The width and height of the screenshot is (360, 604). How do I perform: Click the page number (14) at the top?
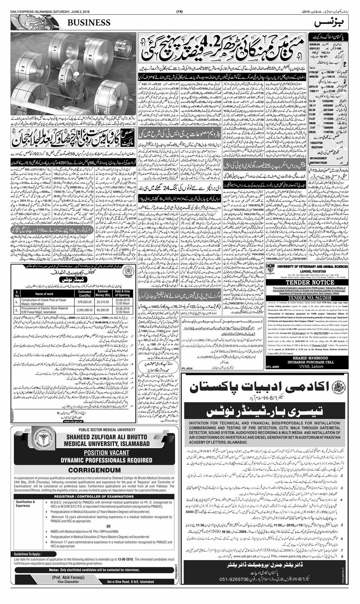pos(179,12)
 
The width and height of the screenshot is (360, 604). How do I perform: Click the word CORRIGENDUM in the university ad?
pos(95,470)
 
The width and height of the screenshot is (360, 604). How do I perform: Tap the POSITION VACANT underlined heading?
pos(95,452)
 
